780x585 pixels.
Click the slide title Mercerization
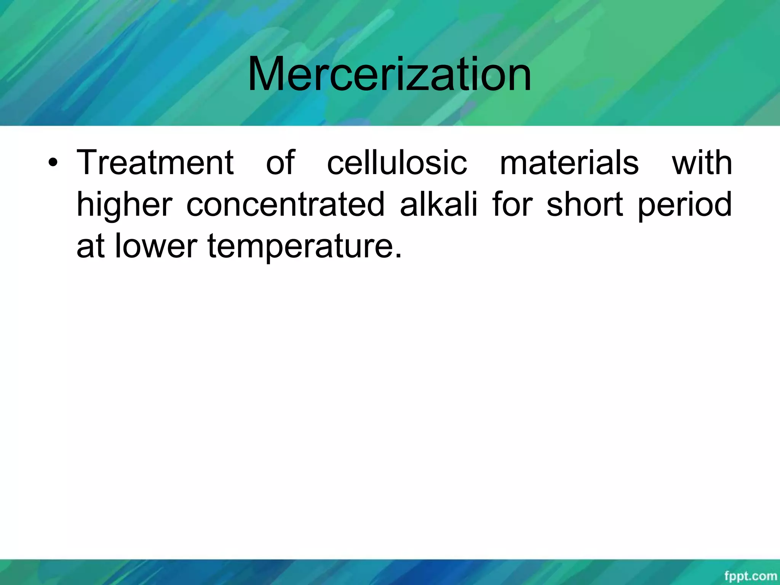tap(389, 74)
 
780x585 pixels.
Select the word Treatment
tap(155, 163)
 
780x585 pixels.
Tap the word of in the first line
tap(280, 163)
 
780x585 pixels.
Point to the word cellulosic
tap(397, 163)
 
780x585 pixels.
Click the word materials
tap(569, 163)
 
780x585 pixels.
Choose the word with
tap(702, 163)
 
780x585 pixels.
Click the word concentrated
tap(285, 205)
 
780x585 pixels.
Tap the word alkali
tap(438, 205)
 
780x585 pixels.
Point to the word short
tap(585, 205)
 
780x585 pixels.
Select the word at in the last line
tap(91, 246)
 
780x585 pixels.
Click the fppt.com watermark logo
tap(750, 576)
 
